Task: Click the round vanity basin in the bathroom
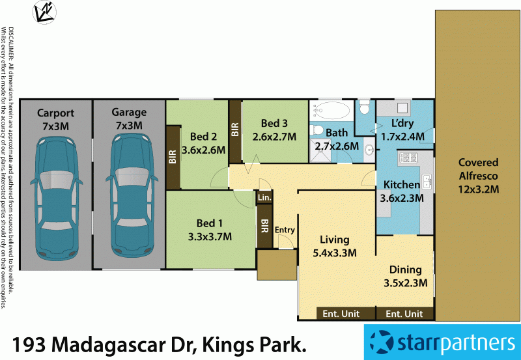369,150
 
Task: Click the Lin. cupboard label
264,197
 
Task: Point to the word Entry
285,230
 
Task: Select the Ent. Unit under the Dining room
404,314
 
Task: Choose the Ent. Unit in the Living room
341,314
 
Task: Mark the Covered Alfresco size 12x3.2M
478,189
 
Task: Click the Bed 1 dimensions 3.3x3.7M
210,236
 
